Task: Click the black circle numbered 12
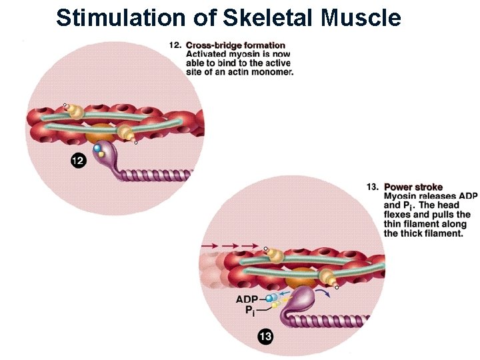[79, 161]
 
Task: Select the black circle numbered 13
[265, 337]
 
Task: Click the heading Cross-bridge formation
[235, 45]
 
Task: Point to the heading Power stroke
[413, 187]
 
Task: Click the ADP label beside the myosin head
[247, 299]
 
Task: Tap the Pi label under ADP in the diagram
[249, 311]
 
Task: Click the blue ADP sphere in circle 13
[270, 299]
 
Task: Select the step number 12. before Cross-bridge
[175, 45]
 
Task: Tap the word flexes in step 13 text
[399, 215]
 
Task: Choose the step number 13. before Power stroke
[373, 187]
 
